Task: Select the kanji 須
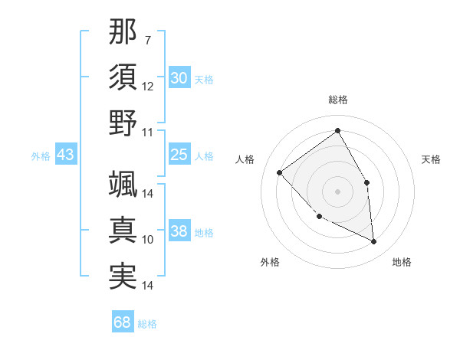(x=123, y=77)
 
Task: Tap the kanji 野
(x=123, y=123)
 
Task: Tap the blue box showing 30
(x=179, y=78)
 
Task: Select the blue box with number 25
(x=179, y=155)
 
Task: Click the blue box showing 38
(x=179, y=232)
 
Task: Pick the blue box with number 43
(x=66, y=155)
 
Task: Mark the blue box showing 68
(x=123, y=322)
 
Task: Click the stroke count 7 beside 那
(x=148, y=39)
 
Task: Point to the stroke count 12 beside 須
(x=148, y=86)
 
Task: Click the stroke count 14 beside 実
(x=148, y=286)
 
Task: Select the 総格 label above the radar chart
(x=337, y=100)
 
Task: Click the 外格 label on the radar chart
(x=270, y=262)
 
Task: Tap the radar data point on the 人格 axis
(x=280, y=172)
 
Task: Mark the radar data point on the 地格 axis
(x=373, y=242)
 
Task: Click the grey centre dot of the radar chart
(x=337, y=191)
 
